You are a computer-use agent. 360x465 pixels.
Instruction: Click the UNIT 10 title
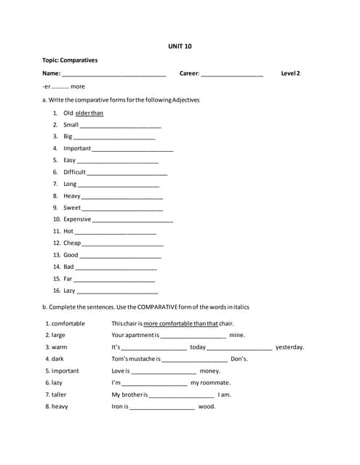coord(180,46)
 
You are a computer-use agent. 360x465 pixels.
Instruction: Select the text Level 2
coord(290,73)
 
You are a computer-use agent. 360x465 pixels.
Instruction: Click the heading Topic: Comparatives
coord(70,60)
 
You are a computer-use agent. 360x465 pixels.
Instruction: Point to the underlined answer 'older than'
coord(89,113)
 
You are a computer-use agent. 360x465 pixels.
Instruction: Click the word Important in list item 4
coord(77,148)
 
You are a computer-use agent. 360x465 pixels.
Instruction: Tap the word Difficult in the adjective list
coord(74,172)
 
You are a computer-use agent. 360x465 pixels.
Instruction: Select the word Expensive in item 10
coord(77,219)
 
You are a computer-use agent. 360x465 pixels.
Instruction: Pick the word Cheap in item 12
coord(72,243)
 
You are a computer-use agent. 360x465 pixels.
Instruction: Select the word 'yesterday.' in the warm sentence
coord(289,347)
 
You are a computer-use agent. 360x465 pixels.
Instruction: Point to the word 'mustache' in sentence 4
coord(145,359)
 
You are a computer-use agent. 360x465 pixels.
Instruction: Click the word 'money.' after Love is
coord(209,371)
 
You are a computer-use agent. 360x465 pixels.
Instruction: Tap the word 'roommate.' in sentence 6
coord(210,382)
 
